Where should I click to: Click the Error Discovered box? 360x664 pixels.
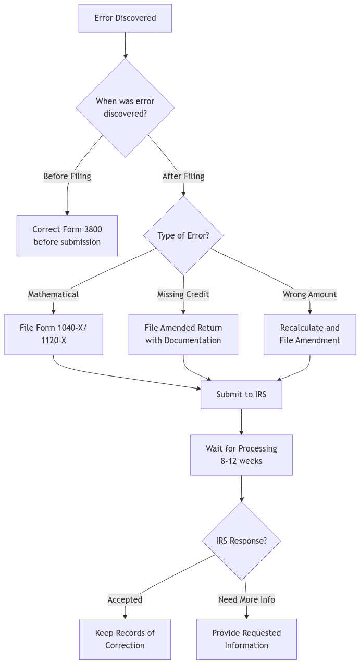point(125,18)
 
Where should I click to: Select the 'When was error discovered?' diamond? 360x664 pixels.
point(125,108)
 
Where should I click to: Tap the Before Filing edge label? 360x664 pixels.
point(67,177)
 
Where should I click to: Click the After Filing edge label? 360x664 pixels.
point(183,177)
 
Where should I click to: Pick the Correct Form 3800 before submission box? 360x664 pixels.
point(67,235)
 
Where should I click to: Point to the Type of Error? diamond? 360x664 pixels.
point(183,235)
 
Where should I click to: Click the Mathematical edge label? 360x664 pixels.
point(53,294)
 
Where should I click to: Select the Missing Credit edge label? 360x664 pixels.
point(183,294)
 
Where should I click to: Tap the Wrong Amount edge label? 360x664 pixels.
point(309,294)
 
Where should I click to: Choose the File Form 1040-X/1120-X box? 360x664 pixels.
point(53,334)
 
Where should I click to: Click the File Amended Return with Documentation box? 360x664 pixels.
point(183,334)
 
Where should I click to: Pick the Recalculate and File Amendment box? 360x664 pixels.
point(309,334)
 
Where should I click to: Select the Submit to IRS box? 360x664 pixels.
point(241,394)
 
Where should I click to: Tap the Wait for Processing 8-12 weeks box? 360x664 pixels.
point(241,455)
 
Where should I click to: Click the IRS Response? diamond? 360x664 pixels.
point(241,541)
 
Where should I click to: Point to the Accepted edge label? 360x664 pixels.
point(125,599)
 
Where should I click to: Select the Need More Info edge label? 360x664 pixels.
point(246,599)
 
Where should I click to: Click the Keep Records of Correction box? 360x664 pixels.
point(125,639)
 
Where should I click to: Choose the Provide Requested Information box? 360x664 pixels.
point(246,639)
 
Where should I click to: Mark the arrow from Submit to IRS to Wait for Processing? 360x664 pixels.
point(241,421)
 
